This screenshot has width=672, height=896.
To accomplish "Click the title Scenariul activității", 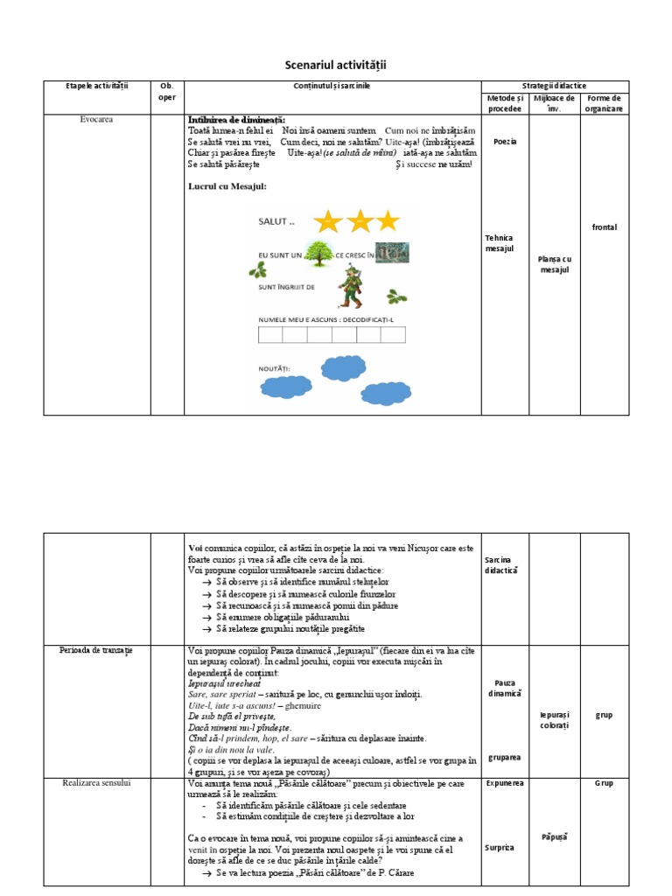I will tap(336, 66).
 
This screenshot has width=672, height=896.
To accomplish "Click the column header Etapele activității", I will tap(97, 86).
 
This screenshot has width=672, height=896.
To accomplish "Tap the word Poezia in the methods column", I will tap(505, 141).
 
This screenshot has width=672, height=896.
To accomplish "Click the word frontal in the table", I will tap(605, 227).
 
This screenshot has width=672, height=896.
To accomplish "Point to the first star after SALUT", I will tap(327, 221).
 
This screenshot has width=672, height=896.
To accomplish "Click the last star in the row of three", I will tap(386, 221).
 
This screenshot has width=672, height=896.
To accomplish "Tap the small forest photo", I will tap(393, 253).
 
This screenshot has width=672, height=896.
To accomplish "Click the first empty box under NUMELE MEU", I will tap(269, 337).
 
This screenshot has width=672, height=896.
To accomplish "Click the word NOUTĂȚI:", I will tap(274, 369).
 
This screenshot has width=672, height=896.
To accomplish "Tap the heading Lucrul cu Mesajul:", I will tap(227, 186).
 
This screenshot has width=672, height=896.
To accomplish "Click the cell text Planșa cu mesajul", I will tap(554, 264).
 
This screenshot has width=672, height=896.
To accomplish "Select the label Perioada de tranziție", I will tap(96, 650).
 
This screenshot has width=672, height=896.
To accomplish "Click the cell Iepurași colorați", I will tap(554, 720).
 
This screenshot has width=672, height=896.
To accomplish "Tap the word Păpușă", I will tap(554, 837).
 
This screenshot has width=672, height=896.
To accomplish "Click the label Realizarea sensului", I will tap(96, 783).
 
